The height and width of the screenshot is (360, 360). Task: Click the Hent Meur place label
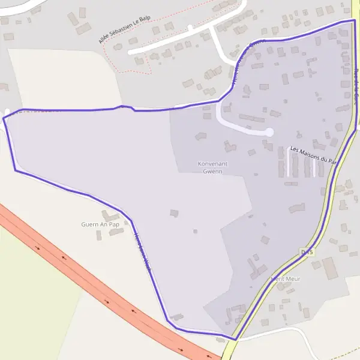point(286,279)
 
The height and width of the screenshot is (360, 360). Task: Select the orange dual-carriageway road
point(90,282)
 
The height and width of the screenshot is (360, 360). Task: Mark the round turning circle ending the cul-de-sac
point(269,132)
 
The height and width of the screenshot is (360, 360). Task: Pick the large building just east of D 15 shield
point(329,268)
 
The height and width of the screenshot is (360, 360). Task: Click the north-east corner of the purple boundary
point(354,21)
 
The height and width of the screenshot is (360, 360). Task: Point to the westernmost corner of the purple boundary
point(4,119)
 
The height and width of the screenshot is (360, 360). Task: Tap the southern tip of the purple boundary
point(235,340)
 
